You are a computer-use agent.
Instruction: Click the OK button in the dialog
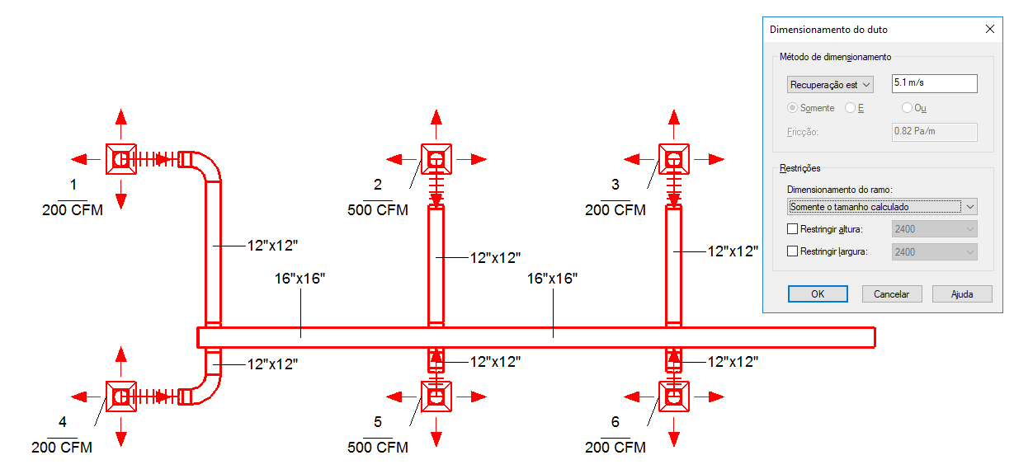click(x=817, y=294)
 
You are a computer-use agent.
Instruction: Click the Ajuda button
click(x=961, y=294)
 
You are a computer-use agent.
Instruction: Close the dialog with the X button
click(x=990, y=29)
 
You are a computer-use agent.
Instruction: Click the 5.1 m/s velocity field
click(x=935, y=83)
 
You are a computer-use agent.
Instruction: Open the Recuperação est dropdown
click(x=830, y=84)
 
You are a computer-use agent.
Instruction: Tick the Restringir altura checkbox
click(x=793, y=229)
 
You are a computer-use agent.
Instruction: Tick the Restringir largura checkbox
click(x=793, y=251)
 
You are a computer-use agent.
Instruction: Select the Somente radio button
click(x=793, y=108)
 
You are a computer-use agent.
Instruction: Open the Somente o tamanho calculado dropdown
click(x=882, y=206)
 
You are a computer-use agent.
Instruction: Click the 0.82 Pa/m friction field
click(x=935, y=132)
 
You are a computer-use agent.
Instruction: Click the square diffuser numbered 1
click(x=120, y=158)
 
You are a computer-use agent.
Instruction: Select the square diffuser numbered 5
click(x=436, y=397)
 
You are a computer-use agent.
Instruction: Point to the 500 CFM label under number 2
click(x=378, y=210)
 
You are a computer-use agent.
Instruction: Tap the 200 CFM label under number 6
click(x=615, y=448)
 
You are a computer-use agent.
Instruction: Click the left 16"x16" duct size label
click(x=300, y=279)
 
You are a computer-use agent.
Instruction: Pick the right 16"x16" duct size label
click(x=552, y=279)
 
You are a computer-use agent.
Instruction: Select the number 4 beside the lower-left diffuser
click(x=63, y=422)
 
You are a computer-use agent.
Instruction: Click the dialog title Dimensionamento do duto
click(x=828, y=30)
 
